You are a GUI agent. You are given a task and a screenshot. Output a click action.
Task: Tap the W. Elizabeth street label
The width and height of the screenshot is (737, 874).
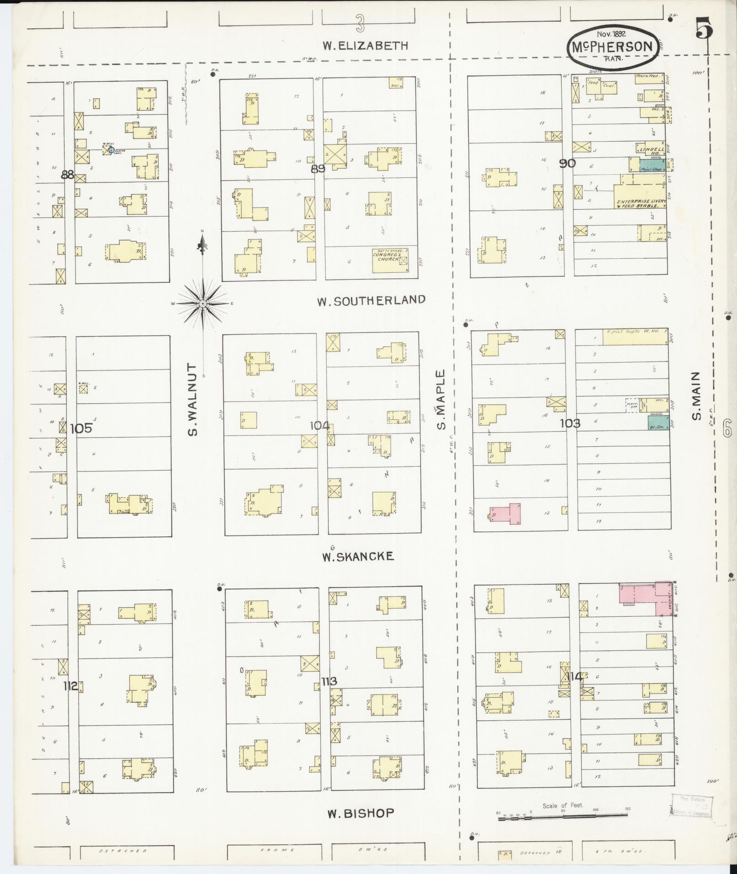point(365,45)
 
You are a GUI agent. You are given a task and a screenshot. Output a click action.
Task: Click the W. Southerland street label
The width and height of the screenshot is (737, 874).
point(371,300)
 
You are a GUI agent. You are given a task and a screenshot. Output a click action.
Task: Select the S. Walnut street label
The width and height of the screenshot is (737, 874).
point(192,400)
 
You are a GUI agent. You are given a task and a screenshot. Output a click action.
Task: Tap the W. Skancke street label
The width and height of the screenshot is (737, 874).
point(357,556)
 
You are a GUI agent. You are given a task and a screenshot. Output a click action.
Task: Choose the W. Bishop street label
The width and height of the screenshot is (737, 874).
point(361,813)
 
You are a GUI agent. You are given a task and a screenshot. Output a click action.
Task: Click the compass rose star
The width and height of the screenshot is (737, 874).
point(202,304)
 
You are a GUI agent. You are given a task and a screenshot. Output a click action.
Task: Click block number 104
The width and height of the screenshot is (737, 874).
point(319,426)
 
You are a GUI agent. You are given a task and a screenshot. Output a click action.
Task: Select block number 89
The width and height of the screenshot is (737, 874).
point(318,169)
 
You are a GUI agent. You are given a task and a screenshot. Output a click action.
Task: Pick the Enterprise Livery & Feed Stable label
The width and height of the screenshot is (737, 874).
point(637,203)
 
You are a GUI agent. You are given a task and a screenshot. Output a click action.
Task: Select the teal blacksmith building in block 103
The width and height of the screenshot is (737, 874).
point(658,423)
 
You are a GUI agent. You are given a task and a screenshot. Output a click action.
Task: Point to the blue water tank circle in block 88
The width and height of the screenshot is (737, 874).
point(111,149)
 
